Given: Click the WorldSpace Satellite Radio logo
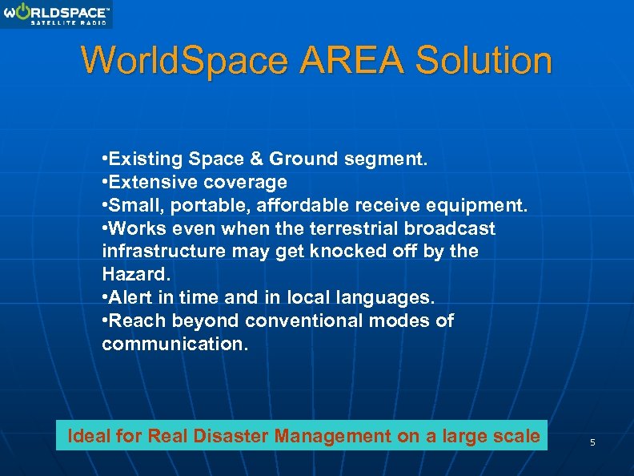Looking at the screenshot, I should [56, 14].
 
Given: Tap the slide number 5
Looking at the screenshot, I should [592, 442].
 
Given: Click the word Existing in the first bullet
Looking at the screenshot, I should [145, 159].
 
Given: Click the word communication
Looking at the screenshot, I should [175, 345].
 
